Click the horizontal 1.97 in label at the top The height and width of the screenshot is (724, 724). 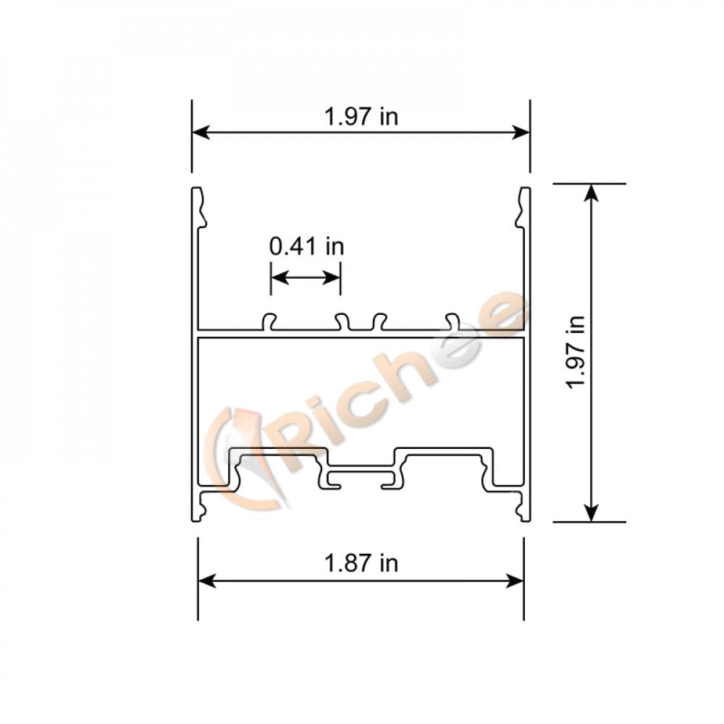tap(361, 117)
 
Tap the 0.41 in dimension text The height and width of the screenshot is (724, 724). tap(306, 246)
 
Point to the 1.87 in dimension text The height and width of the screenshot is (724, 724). tap(361, 563)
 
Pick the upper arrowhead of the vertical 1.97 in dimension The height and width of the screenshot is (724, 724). tap(592, 192)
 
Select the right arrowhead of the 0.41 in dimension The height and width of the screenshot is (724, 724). tap(334, 277)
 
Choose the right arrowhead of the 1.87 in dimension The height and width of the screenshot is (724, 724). tap(516, 581)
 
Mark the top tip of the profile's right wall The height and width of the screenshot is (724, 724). tap(525, 190)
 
